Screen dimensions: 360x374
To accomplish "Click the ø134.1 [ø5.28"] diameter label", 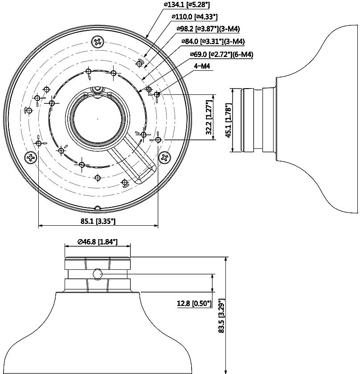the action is pos(187,5).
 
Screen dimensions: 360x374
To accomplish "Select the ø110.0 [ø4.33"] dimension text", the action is pos(195,17).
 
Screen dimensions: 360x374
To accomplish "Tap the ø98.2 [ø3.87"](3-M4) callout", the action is pos(208,29).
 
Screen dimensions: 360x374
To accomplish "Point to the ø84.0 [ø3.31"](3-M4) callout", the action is pos(213,41).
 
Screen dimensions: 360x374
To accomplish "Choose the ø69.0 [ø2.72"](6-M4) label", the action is pos(221,54).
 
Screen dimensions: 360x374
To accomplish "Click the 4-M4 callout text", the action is pos(202,66).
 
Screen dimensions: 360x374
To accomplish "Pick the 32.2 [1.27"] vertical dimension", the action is pos(209,117).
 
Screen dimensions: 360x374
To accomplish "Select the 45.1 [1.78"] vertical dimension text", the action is pos(229,121).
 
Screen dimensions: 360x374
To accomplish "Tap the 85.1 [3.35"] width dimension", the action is pos(98,221).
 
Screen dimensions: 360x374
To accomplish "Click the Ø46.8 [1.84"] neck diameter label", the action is pos(98,242).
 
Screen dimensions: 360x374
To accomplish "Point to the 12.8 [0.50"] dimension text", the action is pos(194,303).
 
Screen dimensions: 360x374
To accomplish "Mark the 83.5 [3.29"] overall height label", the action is pos(222,316).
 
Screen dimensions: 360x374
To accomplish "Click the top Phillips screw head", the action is pos(98,42).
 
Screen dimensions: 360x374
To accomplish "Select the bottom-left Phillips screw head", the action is pos(31,158).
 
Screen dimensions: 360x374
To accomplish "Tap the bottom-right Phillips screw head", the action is pos(165,158).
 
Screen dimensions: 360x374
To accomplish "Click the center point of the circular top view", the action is pos(98,118).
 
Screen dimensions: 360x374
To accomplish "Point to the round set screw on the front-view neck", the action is pos(98,274).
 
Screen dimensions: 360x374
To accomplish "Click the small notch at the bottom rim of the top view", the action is pos(97,207).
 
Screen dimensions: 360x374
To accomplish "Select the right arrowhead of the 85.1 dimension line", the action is pos(156,225).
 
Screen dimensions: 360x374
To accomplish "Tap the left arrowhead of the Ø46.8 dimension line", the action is pos(67,246).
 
